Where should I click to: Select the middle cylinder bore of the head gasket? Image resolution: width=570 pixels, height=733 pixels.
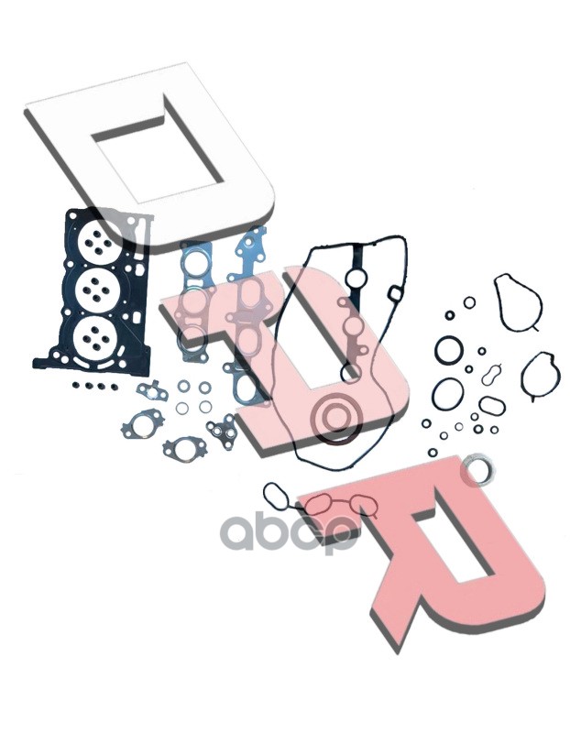(x=95, y=290)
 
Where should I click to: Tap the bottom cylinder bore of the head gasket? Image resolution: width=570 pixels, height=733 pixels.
(x=95, y=337)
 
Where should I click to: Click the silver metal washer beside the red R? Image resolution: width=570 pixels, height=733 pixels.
(x=477, y=465)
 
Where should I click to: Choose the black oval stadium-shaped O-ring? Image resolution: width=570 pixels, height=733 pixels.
(x=492, y=405)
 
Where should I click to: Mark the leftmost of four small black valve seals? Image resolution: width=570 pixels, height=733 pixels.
(x=76, y=385)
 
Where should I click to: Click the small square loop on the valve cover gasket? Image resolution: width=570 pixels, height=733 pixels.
(x=395, y=293)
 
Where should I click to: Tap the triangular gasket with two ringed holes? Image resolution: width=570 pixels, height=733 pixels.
(x=223, y=431)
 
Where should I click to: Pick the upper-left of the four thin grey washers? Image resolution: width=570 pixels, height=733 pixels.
(x=184, y=386)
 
